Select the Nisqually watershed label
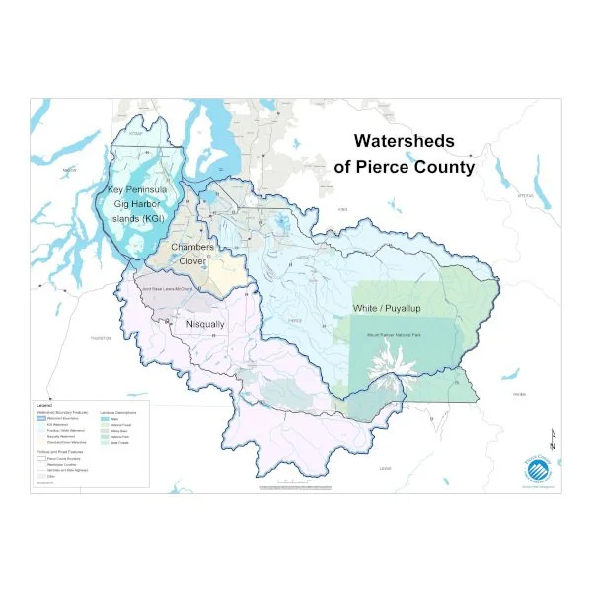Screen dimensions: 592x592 pos(205,324)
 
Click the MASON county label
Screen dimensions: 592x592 pos(69,171)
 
